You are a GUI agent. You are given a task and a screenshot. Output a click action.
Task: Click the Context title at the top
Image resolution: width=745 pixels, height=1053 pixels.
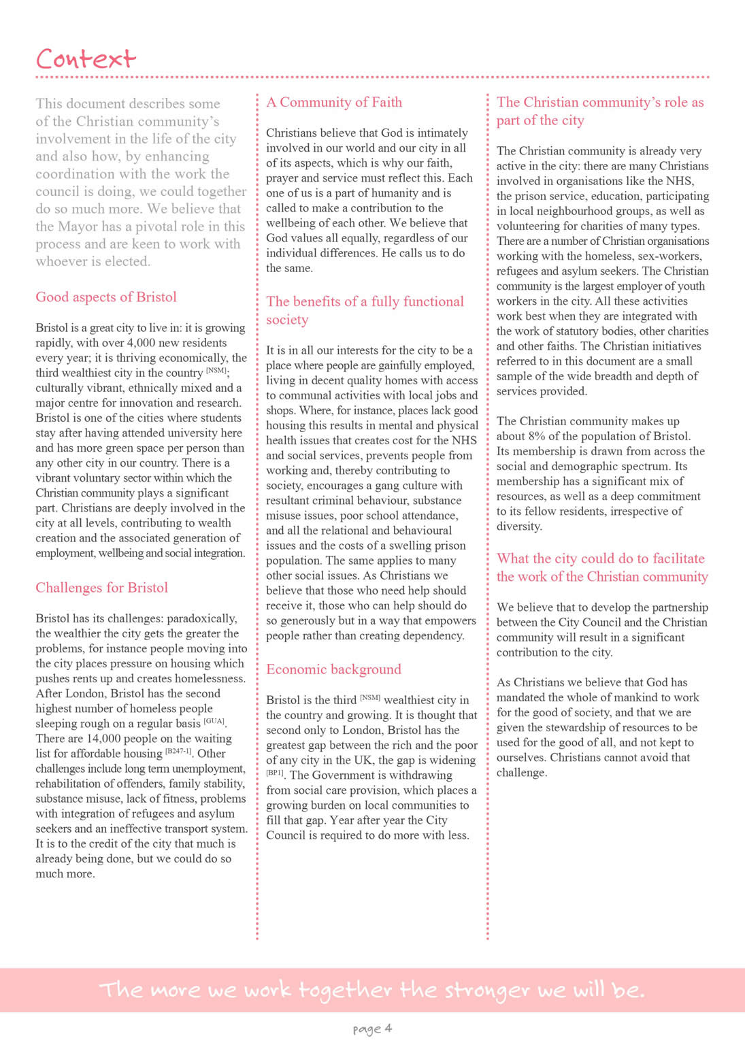86,59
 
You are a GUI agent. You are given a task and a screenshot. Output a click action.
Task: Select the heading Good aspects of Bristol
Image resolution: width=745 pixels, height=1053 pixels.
105,297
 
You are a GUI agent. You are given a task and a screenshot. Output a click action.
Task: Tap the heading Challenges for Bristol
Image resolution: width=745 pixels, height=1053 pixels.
101,588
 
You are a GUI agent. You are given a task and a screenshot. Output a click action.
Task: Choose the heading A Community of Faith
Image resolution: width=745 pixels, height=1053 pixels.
334,102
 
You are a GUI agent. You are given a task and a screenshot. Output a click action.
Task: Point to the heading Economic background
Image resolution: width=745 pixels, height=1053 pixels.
333,669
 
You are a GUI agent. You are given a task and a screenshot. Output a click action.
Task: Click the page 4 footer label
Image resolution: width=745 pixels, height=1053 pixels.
372,1028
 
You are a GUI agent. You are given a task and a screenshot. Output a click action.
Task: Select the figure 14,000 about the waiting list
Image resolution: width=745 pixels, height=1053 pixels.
102,739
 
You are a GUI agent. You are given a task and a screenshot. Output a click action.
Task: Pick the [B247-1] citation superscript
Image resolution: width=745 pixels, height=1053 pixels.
178,751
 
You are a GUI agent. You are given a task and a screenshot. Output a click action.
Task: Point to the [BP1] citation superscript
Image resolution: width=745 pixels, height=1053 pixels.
275,773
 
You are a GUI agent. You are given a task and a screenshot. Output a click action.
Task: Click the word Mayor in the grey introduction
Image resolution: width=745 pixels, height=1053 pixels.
81,227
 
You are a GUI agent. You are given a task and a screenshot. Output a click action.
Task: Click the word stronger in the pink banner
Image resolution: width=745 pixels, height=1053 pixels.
487,990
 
